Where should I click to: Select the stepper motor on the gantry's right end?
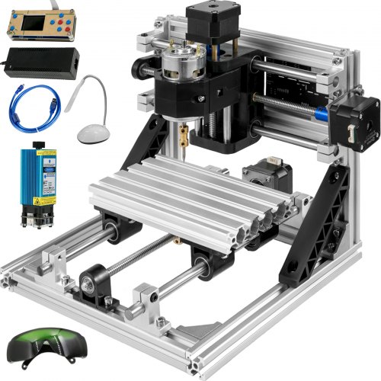(358, 122)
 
